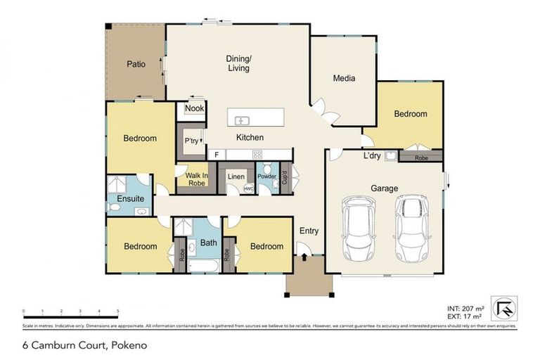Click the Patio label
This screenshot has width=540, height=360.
[136, 64]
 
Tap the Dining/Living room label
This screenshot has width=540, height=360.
[238, 63]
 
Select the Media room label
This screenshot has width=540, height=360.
[344, 78]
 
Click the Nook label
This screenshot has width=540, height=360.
[195, 108]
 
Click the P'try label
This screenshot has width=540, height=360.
[191, 141]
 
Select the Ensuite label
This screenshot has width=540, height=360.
[131, 199]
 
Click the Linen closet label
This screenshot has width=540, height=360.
[236, 176]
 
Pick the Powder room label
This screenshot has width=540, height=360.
[266, 176]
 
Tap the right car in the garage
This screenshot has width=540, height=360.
[411, 227]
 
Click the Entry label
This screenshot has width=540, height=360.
[309, 231]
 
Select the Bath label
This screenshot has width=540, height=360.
[209, 243]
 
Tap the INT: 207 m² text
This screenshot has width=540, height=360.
[465, 308]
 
